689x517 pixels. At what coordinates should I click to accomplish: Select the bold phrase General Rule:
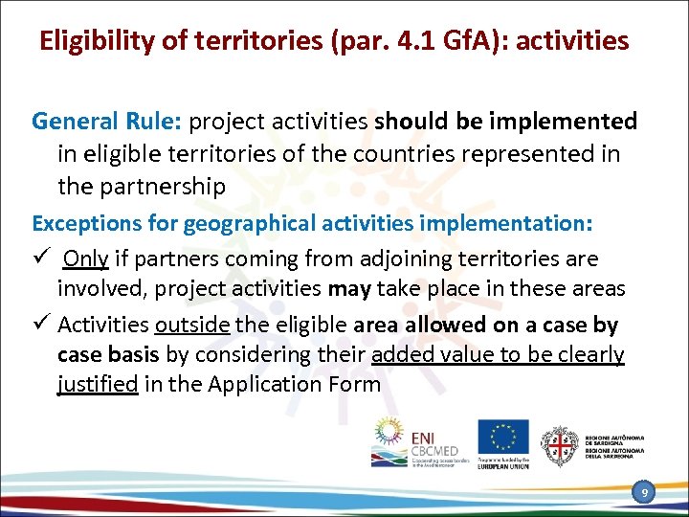click(x=106, y=122)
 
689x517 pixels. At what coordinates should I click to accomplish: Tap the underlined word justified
click(x=98, y=385)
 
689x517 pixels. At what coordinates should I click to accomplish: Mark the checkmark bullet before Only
click(x=40, y=258)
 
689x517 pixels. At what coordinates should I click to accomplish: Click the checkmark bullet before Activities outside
click(x=40, y=324)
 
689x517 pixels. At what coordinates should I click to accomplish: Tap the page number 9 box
click(x=645, y=492)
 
